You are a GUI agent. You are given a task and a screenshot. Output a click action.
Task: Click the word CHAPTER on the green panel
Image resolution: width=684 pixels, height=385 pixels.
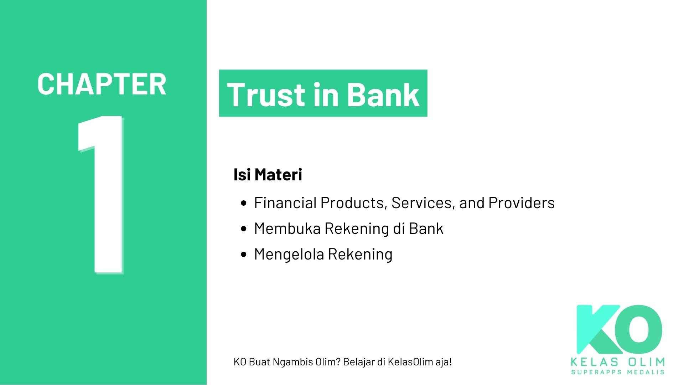tap(102, 84)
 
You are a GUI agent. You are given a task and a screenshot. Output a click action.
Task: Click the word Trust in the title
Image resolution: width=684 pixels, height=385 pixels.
tap(266, 94)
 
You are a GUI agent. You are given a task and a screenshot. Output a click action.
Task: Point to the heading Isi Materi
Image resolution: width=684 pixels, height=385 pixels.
tap(268, 175)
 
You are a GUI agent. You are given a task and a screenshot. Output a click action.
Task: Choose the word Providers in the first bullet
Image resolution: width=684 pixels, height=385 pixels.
tap(522, 203)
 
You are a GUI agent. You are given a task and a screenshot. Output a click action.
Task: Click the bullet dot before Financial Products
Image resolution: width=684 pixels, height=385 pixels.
tap(244, 204)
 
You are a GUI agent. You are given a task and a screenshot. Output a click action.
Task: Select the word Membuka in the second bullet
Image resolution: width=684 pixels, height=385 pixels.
tap(287, 229)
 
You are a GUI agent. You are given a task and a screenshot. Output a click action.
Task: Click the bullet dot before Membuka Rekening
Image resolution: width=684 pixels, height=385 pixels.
tap(244, 229)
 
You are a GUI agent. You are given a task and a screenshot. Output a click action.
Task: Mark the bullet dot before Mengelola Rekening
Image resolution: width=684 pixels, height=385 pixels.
tap(244, 255)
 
